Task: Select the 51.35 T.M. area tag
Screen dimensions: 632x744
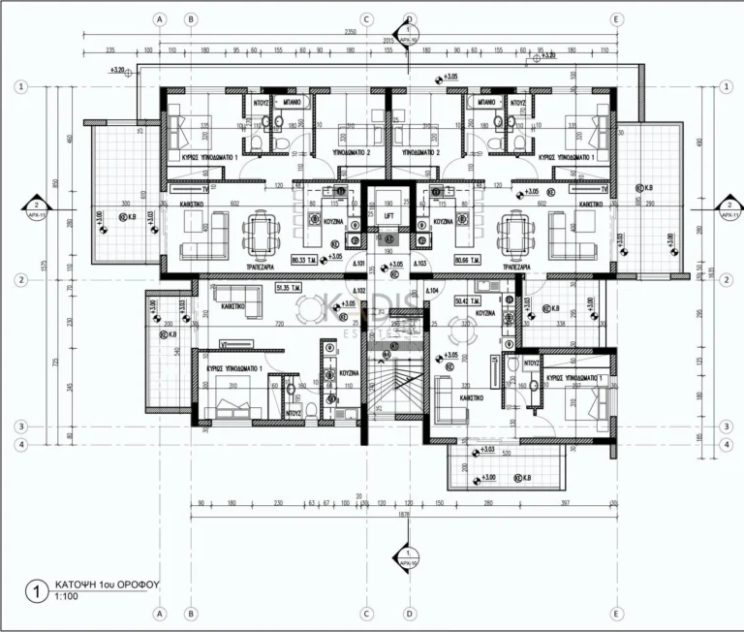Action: [x=291, y=288]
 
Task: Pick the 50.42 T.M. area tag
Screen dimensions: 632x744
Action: [x=470, y=301]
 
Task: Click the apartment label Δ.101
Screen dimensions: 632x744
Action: [x=357, y=264]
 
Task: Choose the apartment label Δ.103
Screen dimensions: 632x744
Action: [x=419, y=264]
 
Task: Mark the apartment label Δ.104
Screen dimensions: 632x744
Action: [x=431, y=290]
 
